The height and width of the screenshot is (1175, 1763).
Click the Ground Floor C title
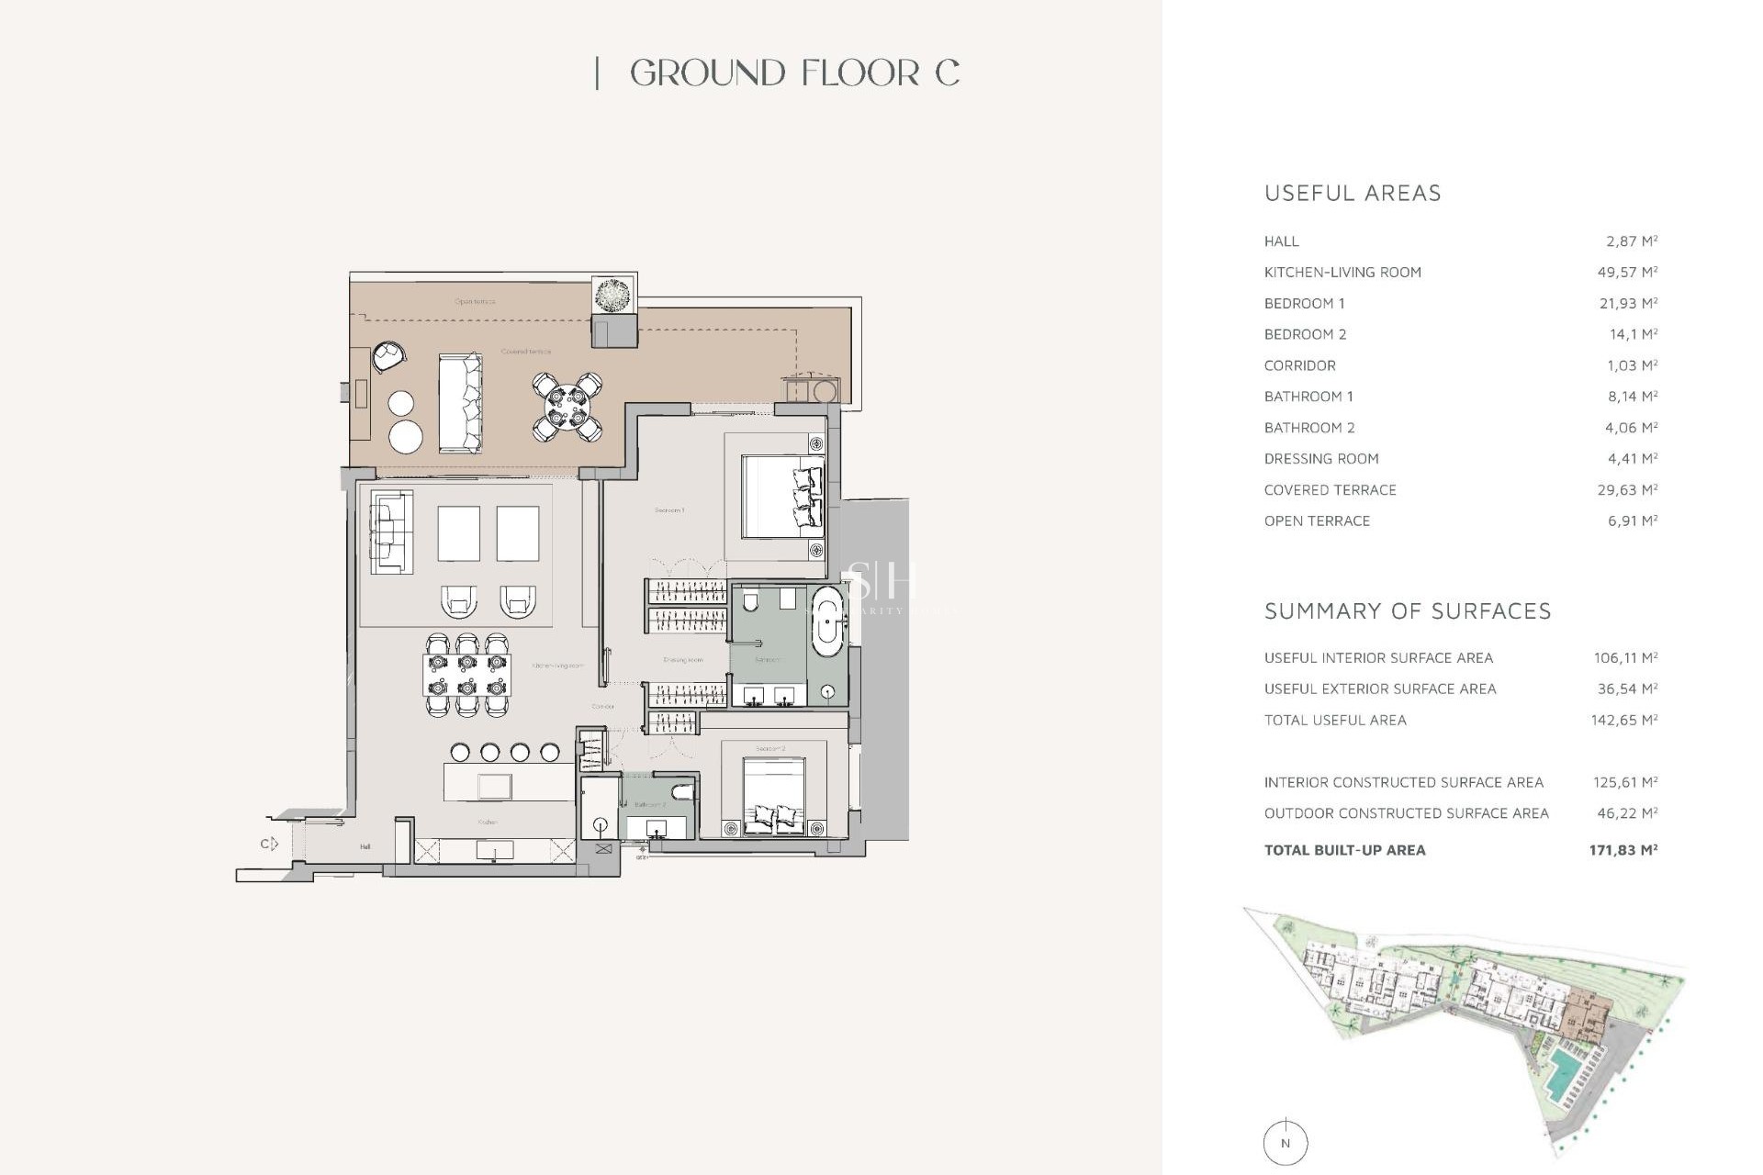[794, 73]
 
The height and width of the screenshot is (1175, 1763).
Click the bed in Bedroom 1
[781, 497]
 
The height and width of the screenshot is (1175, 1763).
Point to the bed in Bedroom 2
[774, 796]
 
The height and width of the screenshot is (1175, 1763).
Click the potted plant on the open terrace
[613, 295]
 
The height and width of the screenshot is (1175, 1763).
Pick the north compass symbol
[1285, 1143]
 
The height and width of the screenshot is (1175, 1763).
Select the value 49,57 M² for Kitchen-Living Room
[1627, 273]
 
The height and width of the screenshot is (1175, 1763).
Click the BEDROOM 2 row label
[1305, 334]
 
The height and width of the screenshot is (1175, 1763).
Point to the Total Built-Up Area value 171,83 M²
[1623, 850]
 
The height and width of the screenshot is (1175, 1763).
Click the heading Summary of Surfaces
[1407, 611]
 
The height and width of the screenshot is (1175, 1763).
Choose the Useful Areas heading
[1353, 194]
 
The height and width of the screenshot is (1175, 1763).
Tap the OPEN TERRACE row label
[1317, 520]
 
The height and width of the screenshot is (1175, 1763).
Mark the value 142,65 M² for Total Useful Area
[1623, 721]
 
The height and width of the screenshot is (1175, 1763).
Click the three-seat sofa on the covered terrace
[460, 403]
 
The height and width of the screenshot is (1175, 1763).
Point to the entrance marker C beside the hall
[267, 844]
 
